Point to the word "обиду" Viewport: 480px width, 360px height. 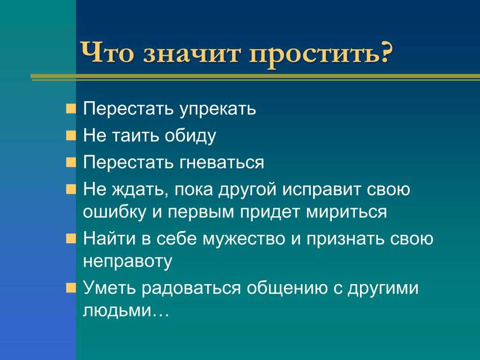190,135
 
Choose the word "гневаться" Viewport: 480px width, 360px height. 221,163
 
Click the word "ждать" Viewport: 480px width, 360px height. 140,190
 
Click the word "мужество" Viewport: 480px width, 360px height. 244,239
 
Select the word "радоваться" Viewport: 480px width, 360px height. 191,289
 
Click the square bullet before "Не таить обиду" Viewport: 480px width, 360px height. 71,135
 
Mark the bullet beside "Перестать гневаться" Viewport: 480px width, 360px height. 71,162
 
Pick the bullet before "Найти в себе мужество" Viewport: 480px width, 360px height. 71,239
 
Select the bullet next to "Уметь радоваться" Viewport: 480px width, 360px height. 71,288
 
